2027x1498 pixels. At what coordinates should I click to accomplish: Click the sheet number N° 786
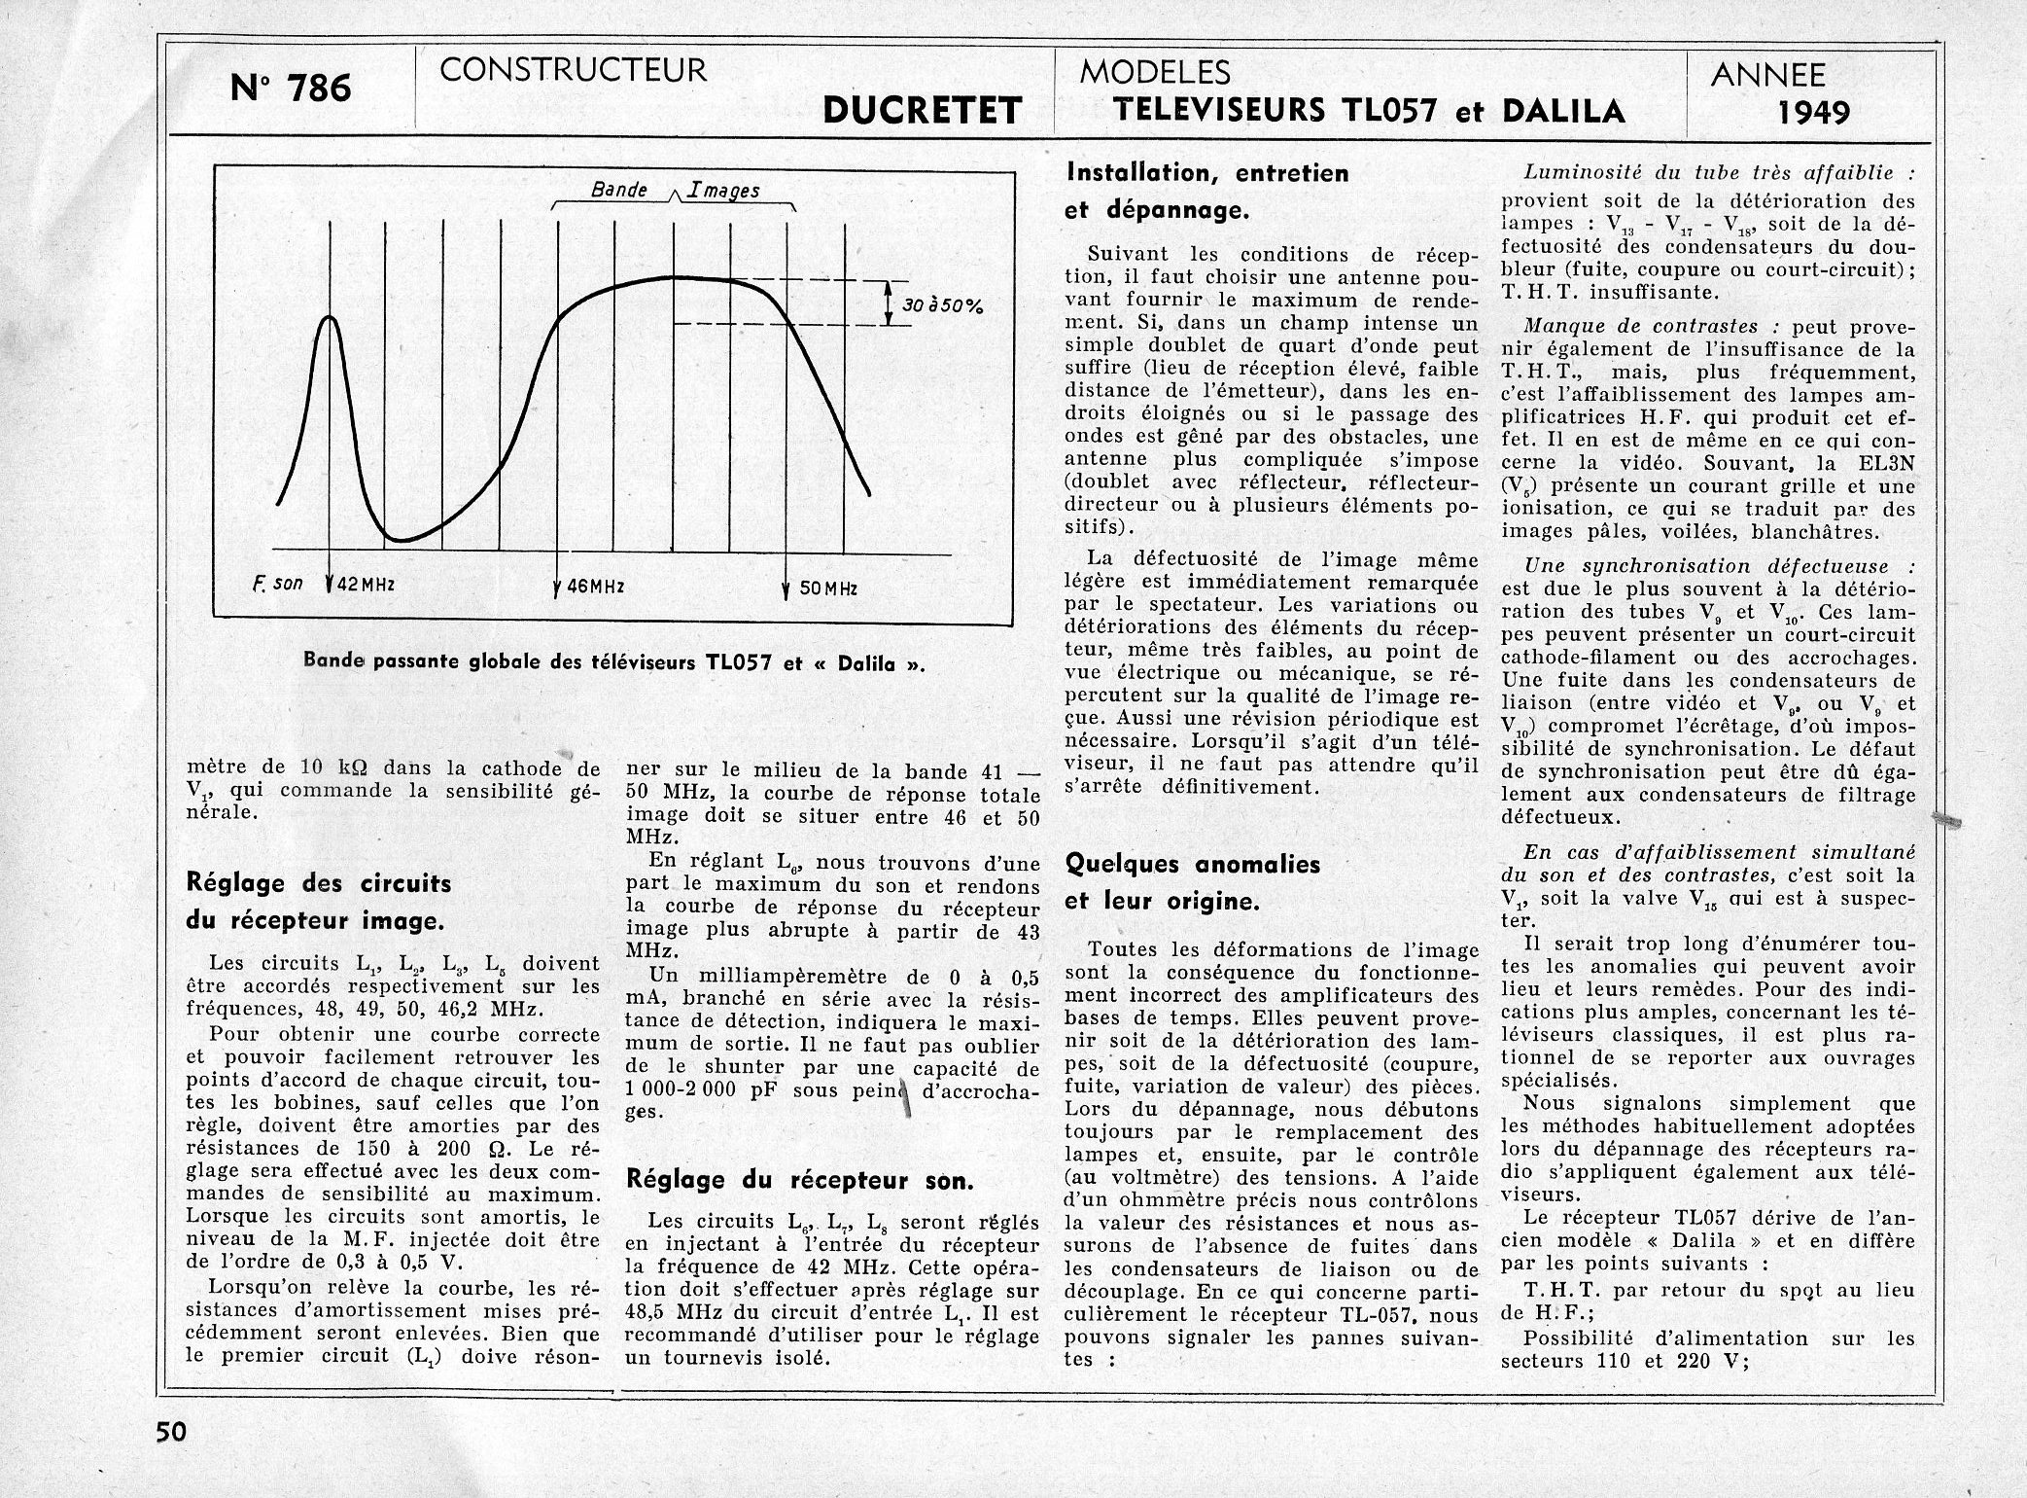(x=291, y=89)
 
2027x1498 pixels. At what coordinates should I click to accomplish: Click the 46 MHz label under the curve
(x=595, y=588)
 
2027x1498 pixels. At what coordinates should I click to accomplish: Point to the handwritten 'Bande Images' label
(x=675, y=191)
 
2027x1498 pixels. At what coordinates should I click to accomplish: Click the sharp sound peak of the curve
(x=331, y=319)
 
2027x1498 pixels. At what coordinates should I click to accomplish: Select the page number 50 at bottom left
(x=171, y=1433)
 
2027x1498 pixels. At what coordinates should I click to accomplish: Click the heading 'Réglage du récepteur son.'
(x=799, y=1181)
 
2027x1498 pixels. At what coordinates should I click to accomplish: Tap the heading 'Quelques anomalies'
(x=1193, y=864)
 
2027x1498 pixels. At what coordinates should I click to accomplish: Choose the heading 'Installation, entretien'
(x=1208, y=173)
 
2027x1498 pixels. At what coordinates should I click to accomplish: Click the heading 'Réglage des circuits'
(x=319, y=883)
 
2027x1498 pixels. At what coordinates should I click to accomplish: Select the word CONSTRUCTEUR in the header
(x=573, y=70)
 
